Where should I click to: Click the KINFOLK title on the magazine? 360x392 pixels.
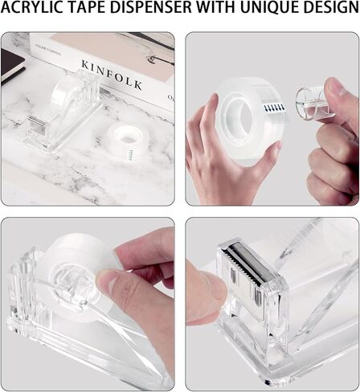click(x=112, y=74)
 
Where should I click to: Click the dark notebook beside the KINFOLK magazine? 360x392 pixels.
click(x=11, y=64)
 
